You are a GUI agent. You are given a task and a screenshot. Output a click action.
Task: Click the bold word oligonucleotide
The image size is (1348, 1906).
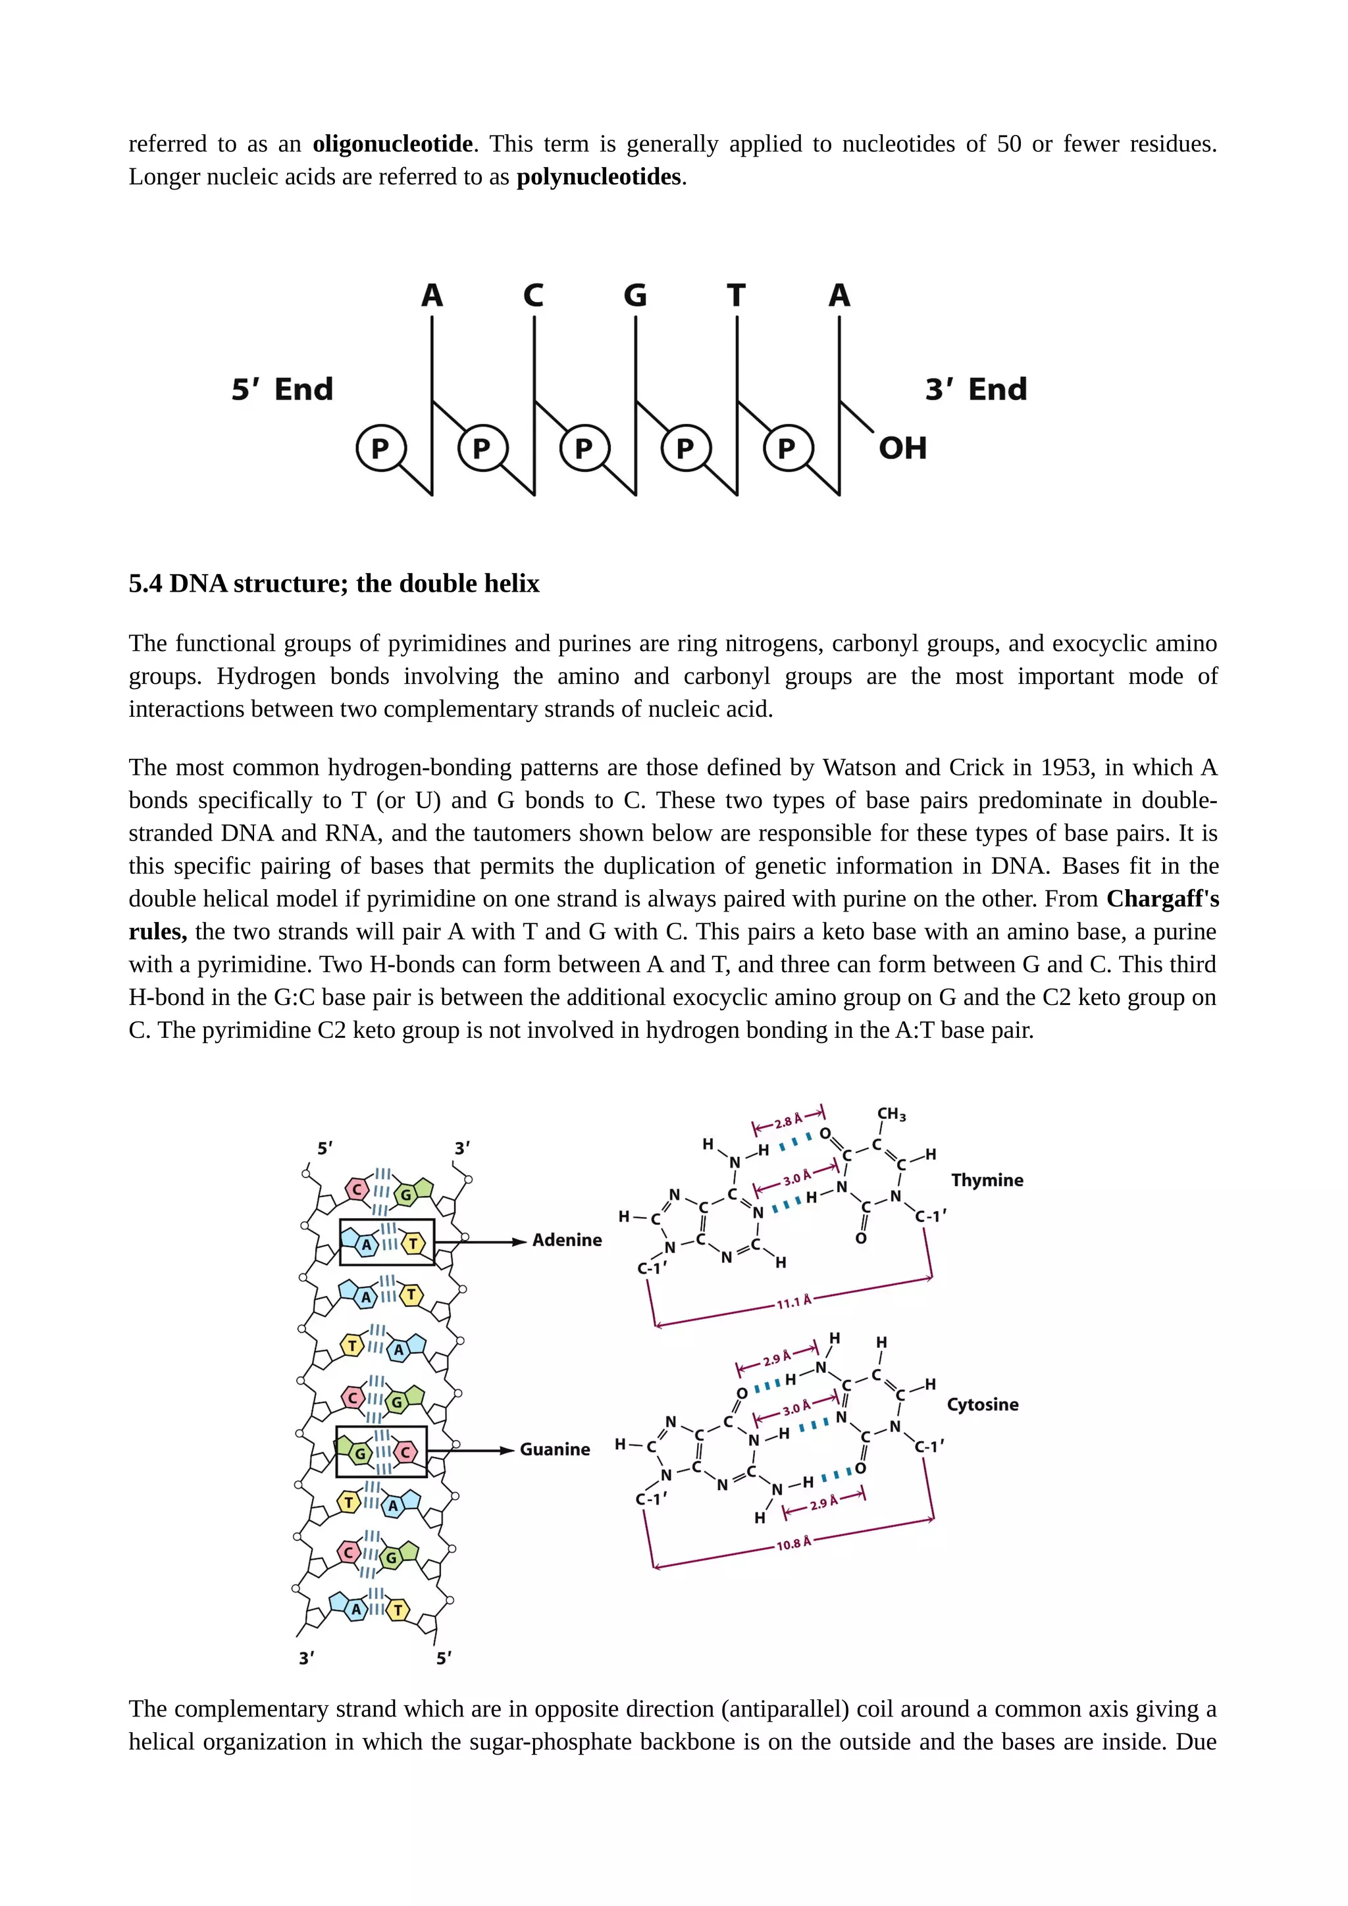tap(392, 144)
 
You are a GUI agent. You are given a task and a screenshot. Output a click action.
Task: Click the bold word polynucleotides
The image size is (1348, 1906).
tap(598, 177)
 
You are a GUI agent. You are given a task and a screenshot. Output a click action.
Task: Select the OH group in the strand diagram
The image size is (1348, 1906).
tap(902, 448)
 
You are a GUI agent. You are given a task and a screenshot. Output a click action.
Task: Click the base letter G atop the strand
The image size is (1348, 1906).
tap(635, 296)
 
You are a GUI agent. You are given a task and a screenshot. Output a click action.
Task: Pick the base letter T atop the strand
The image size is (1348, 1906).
tap(737, 296)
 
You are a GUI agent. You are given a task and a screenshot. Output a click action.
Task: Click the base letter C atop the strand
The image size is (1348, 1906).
tap(533, 296)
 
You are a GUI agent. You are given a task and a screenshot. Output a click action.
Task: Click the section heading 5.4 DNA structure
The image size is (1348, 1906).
tap(334, 584)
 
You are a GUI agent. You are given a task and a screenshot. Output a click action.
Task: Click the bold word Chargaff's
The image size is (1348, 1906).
tap(1162, 898)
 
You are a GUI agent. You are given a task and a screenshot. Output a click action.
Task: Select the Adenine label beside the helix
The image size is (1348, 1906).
tap(567, 1240)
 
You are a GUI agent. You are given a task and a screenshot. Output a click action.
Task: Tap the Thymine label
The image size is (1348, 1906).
tap(987, 1181)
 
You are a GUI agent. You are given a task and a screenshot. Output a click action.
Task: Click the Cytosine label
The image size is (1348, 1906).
tap(983, 1404)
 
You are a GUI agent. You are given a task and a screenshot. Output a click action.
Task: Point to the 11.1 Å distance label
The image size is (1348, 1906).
tap(794, 1302)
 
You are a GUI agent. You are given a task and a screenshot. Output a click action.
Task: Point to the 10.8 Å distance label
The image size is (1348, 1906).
tap(794, 1544)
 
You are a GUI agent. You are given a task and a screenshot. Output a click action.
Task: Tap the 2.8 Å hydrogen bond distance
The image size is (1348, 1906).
tap(789, 1121)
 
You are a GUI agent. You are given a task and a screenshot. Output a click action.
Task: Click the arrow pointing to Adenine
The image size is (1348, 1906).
tap(490, 1242)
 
